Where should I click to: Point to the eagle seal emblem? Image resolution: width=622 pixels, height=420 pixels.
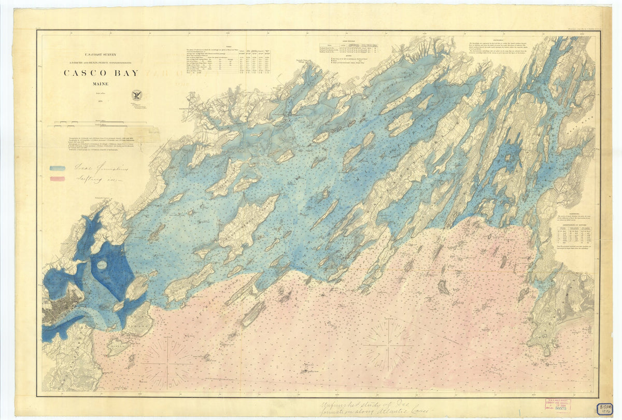click(x=137, y=95)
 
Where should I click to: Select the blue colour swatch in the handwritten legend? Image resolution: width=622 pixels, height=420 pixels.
click(x=58, y=168)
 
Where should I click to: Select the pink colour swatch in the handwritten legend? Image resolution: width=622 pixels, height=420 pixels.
click(x=58, y=179)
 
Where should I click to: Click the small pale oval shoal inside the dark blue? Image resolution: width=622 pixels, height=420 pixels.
click(x=102, y=264)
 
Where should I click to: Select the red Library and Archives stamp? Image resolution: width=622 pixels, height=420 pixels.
click(x=556, y=405)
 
